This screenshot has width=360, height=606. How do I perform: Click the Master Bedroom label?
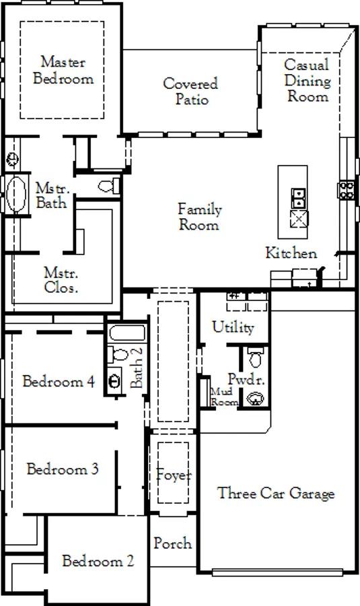point(63,70)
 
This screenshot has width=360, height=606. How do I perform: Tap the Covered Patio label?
point(191,91)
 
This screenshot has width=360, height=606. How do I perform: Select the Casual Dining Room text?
point(308,80)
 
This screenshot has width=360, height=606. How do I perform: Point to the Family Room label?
point(199,217)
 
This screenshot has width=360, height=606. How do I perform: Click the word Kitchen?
point(291,252)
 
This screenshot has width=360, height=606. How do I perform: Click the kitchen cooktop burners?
point(347,190)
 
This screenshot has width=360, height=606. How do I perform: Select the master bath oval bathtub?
point(16,195)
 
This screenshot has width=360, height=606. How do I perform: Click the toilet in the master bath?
point(109,187)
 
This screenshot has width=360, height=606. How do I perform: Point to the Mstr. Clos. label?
point(61,280)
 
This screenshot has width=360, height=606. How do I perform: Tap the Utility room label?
point(233,327)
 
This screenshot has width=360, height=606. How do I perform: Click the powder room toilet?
point(255,357)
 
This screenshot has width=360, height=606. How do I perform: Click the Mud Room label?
point(223,397)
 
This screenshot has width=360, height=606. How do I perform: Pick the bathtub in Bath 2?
point(127,333)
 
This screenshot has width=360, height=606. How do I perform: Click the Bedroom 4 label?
point(59,382)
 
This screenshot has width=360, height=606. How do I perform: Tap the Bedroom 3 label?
point(63,469)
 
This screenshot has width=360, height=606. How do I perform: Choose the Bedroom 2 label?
point(98,560)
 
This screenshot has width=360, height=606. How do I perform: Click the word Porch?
point(173,543)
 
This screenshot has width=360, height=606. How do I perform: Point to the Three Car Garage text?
point(276,493)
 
